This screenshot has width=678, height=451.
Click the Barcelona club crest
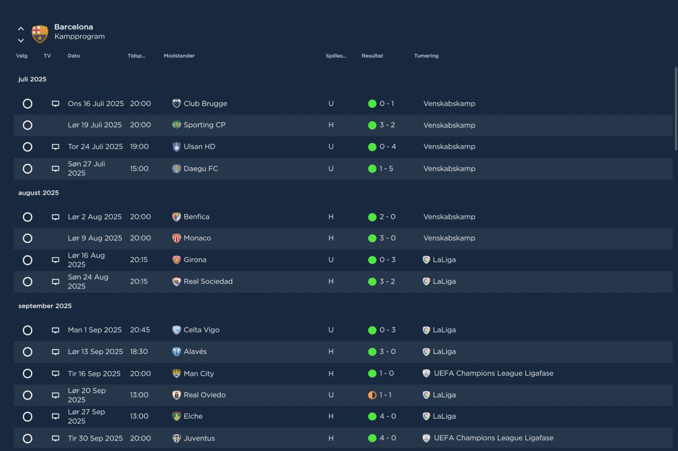(40, 34)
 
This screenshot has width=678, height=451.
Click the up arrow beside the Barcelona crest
(21, 29)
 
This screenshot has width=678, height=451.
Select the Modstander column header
(179, 56)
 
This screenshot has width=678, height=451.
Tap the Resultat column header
(372, 56)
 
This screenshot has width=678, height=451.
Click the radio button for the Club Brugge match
(28, 103)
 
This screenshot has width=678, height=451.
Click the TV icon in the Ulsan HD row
(56, 147)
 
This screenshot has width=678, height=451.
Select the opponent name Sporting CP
(204, 125)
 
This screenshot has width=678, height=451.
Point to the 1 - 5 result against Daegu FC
(386, 169)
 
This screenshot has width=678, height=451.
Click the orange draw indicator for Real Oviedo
(372, 395)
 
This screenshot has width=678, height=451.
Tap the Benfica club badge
(176, 217)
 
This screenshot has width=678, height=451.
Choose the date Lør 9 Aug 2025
(95, 238)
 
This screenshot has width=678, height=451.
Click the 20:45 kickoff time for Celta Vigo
(140, 330)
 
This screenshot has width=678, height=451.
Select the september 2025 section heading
(45, 306)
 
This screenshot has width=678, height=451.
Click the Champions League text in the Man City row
(493, 373)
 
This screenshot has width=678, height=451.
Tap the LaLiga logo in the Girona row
(426, 260)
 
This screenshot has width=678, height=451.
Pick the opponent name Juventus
(199, 438)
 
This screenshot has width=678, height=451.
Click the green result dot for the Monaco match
(372, 238)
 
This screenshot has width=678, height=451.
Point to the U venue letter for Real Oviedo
(331, 395)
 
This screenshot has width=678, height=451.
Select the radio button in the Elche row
(28, 417)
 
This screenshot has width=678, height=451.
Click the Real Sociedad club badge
(176, 282)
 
